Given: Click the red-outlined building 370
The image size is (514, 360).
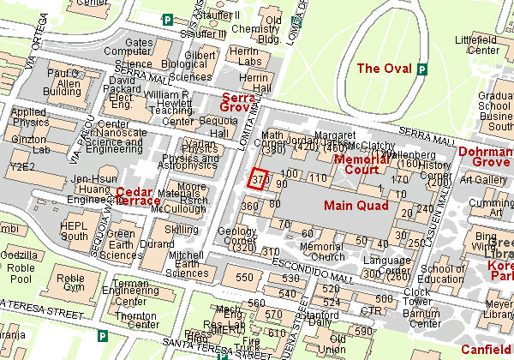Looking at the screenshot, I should point(257,179).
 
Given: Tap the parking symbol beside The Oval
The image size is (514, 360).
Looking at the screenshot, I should point(422,69).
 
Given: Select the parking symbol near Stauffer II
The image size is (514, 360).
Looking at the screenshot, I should point(168,20).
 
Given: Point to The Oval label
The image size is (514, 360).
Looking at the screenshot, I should point(383,69).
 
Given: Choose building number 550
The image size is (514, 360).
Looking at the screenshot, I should point(245,277).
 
